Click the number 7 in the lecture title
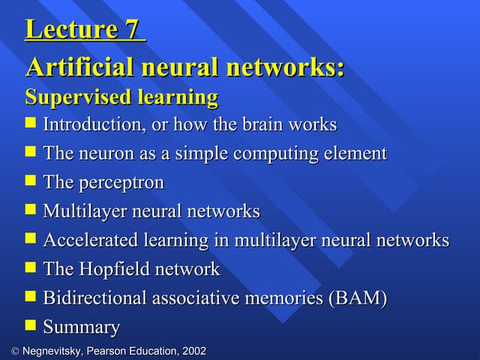[131, 28]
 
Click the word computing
[275, 154]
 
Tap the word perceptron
[121, 183]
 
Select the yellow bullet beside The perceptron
[30, 180]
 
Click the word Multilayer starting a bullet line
[85, 211]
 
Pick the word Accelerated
[91, 240]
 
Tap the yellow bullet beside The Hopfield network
[30, 267]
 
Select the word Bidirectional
[95, 298]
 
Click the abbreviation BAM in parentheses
[358, 298]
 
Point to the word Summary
[82, 327]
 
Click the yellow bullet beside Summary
[30, 325]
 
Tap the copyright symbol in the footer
[15, 351]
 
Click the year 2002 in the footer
[194, 351]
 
